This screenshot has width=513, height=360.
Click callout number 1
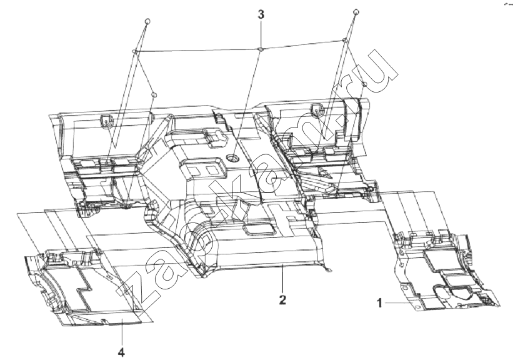379,303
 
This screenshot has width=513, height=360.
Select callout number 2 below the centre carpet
282,300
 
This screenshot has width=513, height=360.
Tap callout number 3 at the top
261,15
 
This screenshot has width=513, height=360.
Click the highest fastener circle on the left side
147,21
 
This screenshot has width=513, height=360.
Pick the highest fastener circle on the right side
356,12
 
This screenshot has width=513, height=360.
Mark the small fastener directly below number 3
261,49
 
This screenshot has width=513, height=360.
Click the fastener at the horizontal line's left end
134,51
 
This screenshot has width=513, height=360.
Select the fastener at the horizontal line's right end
344,41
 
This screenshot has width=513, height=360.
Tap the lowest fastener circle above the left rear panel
154,95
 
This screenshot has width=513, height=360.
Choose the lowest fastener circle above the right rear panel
364,84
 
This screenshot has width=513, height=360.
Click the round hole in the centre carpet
233,159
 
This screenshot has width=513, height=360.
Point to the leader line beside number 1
397,303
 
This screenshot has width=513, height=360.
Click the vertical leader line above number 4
121,333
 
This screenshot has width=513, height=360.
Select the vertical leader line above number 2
282,279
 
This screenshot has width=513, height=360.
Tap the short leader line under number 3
261,34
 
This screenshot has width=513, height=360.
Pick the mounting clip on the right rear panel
317,110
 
